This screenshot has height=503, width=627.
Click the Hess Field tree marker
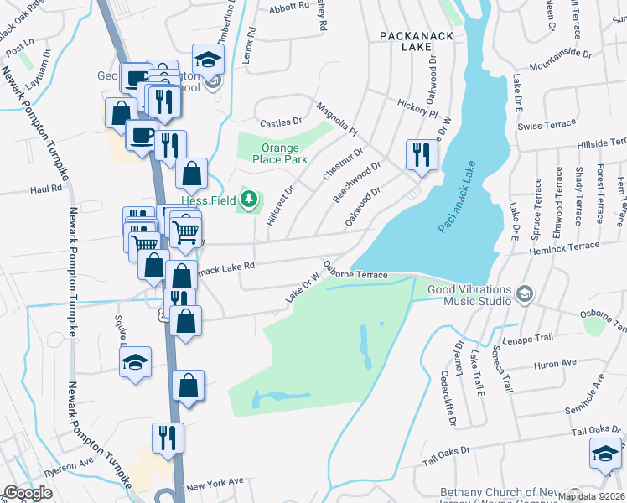[x=248, y=199]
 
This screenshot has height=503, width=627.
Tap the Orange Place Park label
[x=273, y=153]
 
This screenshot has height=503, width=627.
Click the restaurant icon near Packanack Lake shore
[x=420, y=153]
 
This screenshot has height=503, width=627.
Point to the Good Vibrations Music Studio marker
[x=525, y=293]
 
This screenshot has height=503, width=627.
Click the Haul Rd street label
[x=46, y=189]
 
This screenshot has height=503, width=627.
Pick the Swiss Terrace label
[x=547, y=125]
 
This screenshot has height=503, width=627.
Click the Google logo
[x=28, y=493]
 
